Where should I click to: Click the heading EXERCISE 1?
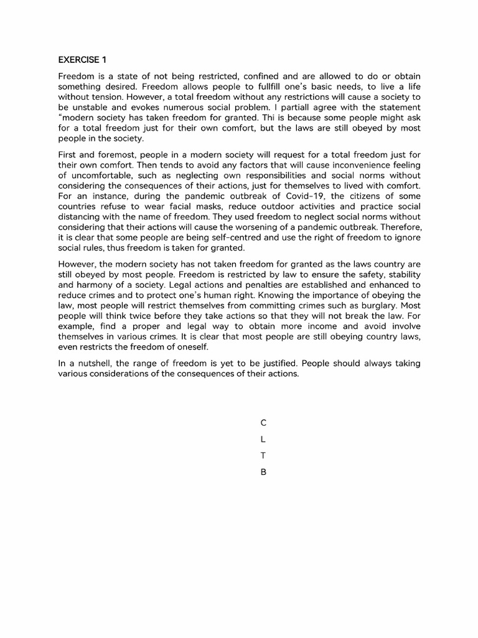click(82, 60)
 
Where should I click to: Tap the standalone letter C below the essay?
click(263, 422)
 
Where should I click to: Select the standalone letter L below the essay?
click(263, 439)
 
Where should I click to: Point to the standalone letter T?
click(263, 455)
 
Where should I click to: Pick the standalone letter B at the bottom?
click(263, 472)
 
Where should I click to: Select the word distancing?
click(81, 217)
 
